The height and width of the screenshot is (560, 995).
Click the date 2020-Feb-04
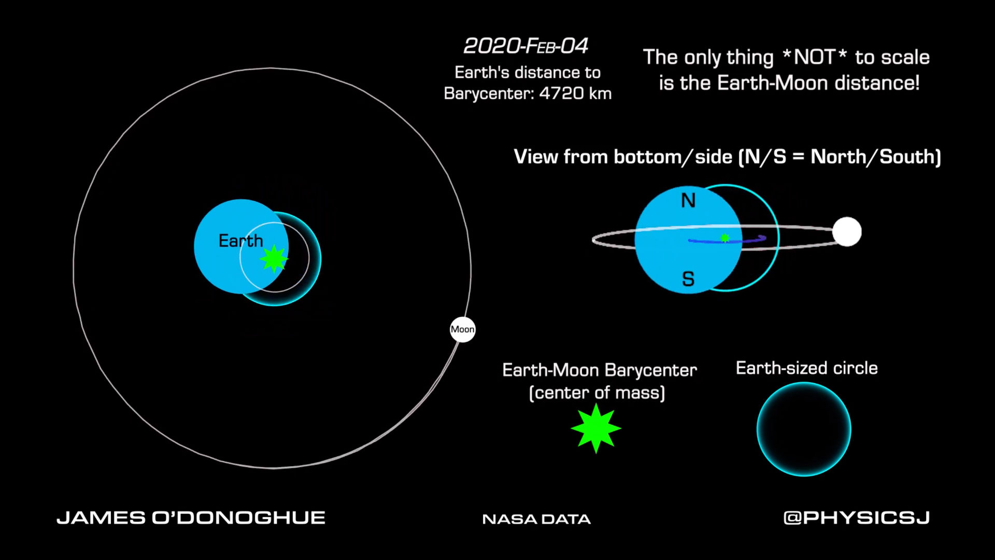[x=526, y=46]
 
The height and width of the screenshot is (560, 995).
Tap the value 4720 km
[x=575, y=93]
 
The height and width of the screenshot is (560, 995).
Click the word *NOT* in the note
[x=814, y=57]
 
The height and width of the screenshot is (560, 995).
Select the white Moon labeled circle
[x=462, y=329]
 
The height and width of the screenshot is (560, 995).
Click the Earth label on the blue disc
[x=240, y=241]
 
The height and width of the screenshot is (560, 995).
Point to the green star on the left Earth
[x=274, y=259]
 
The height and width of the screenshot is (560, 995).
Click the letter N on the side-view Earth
[x=688, y=200]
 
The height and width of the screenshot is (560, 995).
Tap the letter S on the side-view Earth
[x=688, y=279]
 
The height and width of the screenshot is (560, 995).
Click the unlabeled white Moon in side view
[x=847, y=232]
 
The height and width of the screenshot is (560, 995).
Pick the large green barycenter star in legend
[x=596, y=428]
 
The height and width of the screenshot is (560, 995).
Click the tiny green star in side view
[x=725, y=238]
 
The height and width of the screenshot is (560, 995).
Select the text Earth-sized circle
[x=806, y=368]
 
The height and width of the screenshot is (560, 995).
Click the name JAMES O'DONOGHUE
[x=191, y=517]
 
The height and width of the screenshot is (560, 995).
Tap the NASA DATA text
[x=536, y=519]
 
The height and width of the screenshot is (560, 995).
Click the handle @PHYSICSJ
[x=857, y=517]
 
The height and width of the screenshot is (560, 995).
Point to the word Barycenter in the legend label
[x=650, y=370]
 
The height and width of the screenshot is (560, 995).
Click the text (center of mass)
[x=596, y=393]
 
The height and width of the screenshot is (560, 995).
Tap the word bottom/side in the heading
[x=673, y=157]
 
